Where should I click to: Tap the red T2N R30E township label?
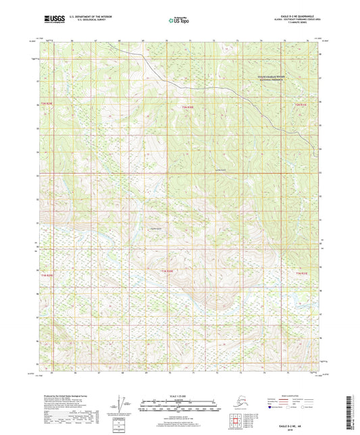pyautogui.click(x=187, y=107)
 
